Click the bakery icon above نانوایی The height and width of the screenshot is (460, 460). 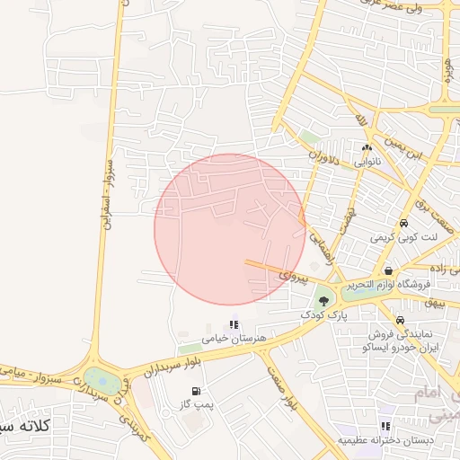tap(367, 148)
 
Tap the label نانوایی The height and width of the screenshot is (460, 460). tap(366, 163)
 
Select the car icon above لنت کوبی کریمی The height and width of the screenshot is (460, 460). tap(404, 223)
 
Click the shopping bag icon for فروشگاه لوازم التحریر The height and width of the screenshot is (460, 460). tap(388, 270)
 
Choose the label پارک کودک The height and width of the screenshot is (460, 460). tap(323, 317)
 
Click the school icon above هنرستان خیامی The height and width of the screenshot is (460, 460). tap(234, 325)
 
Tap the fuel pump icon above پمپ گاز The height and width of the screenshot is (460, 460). tap(195, 391)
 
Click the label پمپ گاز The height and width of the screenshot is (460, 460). tap(196, 406)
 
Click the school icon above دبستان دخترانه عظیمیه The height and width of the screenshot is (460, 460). tap(385, 426)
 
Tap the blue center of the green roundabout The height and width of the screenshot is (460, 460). tap(102, 382)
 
